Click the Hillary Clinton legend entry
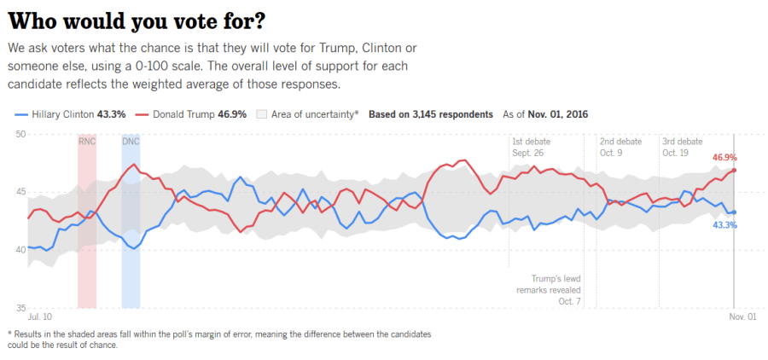(70, 113)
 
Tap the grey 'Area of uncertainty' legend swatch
(263, 113)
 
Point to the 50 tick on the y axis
(21, 134)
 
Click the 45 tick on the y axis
(21, 192)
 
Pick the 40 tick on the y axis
(21, 249)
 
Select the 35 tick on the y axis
(21, 307)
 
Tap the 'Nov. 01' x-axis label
(741, 317)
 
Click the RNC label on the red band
(87, 141)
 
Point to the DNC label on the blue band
(131, 141)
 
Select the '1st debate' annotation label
(531, 141)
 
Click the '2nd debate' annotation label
(620, 141)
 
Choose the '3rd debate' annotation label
(683, 141)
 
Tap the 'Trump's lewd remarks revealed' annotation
(556, 289)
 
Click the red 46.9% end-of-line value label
(724, 158)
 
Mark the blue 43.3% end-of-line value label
(724, 224)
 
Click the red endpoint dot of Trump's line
(734, 170)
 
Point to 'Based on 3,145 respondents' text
(431, 113)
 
